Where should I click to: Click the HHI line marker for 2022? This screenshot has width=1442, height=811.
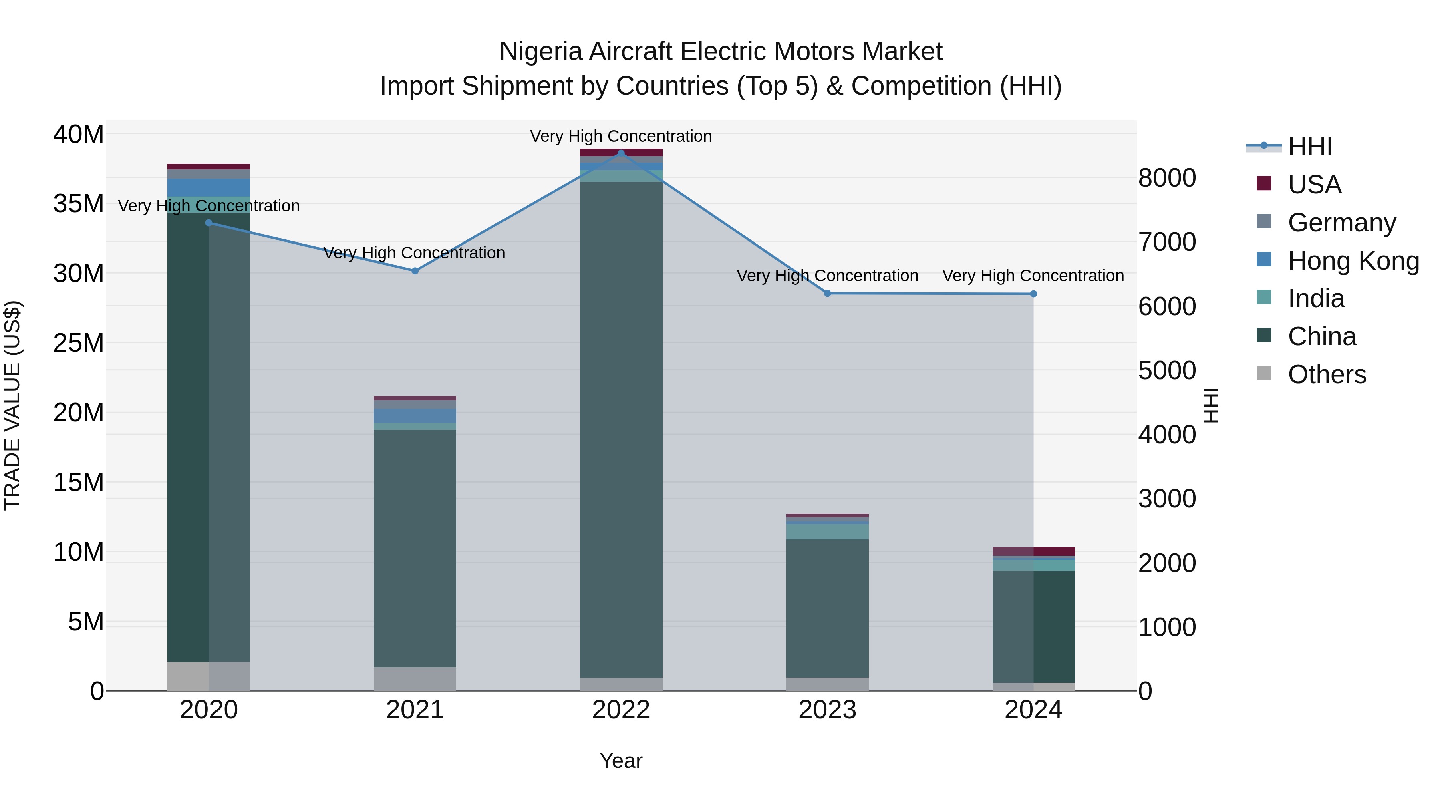621,153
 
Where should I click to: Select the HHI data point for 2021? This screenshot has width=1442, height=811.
415,271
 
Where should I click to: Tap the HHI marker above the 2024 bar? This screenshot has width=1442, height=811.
1033,294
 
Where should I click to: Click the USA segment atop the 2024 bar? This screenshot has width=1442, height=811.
1033,551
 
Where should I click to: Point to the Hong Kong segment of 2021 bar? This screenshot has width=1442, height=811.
415,415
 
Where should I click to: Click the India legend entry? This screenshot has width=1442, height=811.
1315,298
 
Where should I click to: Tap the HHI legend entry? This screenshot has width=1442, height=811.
1309,147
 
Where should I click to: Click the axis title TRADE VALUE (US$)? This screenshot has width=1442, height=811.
12,405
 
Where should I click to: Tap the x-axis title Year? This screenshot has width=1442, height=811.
621,761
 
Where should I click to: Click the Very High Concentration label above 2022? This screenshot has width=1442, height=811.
621,136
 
